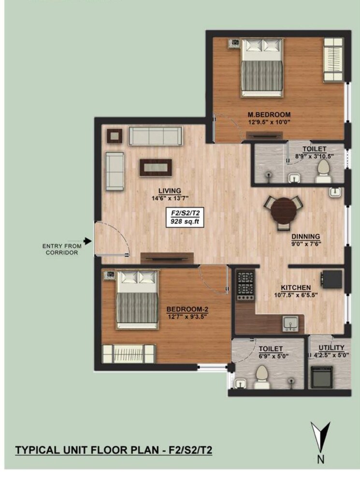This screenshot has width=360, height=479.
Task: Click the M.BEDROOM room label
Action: point(269,115)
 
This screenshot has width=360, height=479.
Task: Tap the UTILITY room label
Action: point(331,348)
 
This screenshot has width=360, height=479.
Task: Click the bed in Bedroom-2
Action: point(137,300)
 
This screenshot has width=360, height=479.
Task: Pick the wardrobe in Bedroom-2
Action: point(128,353)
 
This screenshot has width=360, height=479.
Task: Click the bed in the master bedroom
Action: point(262,68)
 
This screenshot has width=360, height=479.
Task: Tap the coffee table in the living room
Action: point(156,167)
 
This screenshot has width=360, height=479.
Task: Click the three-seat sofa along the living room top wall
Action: point(155,136)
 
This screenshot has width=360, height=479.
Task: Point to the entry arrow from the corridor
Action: point(87,241)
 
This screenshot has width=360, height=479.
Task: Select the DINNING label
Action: point(305,236)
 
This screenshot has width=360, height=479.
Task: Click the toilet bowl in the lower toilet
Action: point(262,376)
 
